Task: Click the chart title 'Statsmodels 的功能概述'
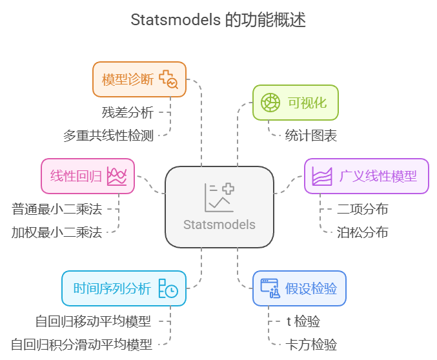[218, 20]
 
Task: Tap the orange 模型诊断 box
[139, 79]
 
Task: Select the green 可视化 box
[295, 103]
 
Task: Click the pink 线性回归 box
[88, 176]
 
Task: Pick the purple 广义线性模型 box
[366, 176]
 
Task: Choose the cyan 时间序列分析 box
[123, 288]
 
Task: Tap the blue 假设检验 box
[299, 288]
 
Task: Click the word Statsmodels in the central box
[219, 225]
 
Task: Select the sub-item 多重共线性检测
[108, 135]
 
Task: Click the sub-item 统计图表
[310, 135]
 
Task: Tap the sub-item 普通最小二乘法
[57, 209]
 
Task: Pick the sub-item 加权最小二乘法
[57, 232]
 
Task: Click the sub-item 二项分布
[362, 209]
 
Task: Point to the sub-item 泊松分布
[362, 232]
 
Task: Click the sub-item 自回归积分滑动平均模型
[81, 345]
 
